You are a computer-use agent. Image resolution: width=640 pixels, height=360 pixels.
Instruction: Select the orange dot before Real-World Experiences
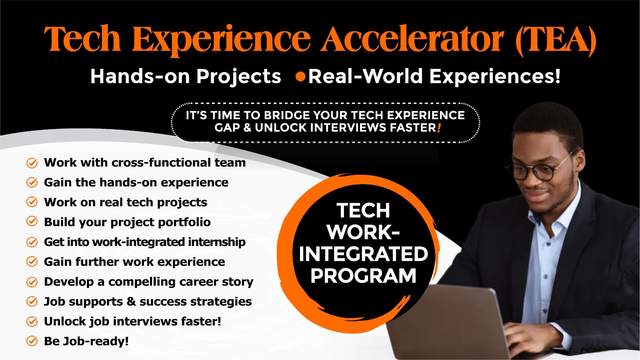pos(300,76)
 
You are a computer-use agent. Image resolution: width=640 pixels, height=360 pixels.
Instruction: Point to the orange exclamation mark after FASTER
pos(439,128)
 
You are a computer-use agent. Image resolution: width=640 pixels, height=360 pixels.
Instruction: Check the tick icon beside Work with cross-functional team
pos(32,163)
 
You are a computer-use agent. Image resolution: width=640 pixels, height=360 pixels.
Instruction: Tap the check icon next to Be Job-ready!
pos(32,341)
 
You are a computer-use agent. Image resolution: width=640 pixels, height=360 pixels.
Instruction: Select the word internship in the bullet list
pos(216,242)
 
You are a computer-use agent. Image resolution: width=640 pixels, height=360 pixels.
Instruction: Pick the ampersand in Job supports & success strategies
pos(131,302)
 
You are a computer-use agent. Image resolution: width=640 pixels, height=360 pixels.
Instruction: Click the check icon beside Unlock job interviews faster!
pos(32,322)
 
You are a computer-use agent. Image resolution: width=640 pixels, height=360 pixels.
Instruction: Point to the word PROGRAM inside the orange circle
pos(363,276)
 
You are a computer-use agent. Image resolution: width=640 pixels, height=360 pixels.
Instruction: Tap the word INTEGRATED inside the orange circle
pos(363,254)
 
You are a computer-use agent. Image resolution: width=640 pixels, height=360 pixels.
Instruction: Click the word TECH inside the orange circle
pos(363,210)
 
